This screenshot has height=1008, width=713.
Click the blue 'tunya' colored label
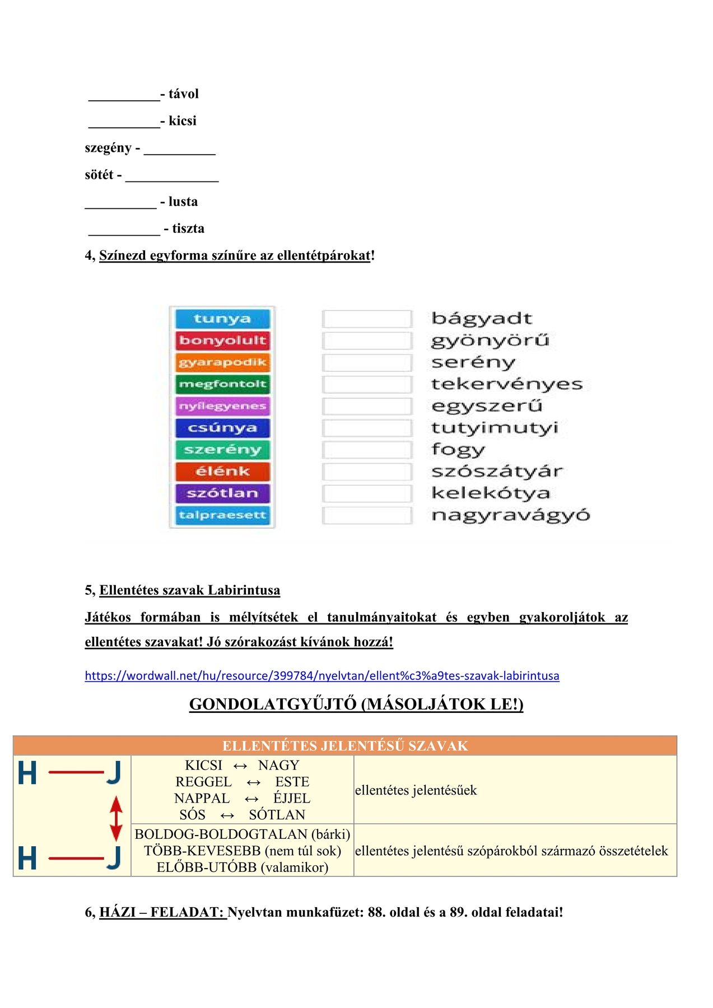tap(222, 319)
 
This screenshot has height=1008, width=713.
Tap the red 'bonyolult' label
tap(222, 340)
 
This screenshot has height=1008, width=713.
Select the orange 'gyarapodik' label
tap(222, 362)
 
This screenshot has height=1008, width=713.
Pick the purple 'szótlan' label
tap(222, 493)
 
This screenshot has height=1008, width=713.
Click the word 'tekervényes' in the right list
tap(506, 384)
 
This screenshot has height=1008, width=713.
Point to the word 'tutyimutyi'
tap(495, 428)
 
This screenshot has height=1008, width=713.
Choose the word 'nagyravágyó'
tap(510, 515)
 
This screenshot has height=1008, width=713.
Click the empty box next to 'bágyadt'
tap(367, 319)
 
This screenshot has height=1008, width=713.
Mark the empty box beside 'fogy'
tap(367, 450)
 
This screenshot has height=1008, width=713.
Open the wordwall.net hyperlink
tap(322, 675)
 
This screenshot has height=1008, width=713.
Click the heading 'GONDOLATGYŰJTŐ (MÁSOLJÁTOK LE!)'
tap(356, 704)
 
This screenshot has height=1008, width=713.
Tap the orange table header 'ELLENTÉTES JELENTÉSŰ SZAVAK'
tap(345, 746)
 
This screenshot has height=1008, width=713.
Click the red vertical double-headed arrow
tap(116, 818)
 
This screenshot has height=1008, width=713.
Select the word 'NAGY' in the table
tap(278, 765)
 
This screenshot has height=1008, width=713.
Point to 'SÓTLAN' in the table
tap(277, 815)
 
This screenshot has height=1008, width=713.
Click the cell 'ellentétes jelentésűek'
tap(416, 790)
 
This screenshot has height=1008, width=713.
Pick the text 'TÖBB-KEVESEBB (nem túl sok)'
tap(243, 851)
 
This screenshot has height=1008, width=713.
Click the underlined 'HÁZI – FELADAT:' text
tap(162, 912)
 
